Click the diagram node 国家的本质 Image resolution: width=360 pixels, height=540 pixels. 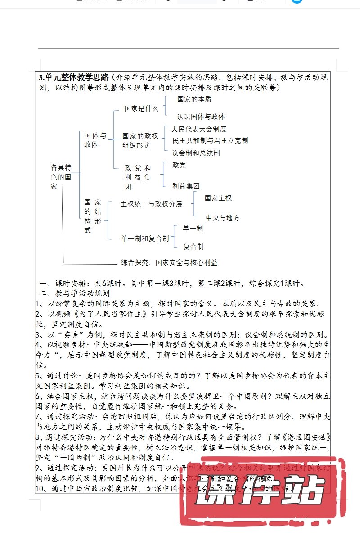click(194, 99)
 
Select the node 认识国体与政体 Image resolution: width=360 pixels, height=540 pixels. click(201, 117)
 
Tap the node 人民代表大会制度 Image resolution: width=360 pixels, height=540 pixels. click(199, 129)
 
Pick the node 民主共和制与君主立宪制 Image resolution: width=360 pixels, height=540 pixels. click(210, 140)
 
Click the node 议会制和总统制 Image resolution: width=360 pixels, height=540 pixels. click(196, 153)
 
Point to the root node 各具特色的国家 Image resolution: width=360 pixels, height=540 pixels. click(61, 176)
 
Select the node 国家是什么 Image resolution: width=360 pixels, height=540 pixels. click(141, 108)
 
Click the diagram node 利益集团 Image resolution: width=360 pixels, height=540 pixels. click(186, 185)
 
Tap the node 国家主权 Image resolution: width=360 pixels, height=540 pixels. click(218, 198)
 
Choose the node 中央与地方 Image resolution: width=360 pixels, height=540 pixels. click(223, 218)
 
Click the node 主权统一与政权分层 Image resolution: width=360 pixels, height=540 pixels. click(152, 204)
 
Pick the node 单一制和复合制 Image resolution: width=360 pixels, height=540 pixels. click(145, 238)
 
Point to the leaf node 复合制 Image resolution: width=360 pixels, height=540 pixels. click(193, 247)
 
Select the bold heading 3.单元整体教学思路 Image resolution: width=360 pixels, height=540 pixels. click(75, 76)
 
